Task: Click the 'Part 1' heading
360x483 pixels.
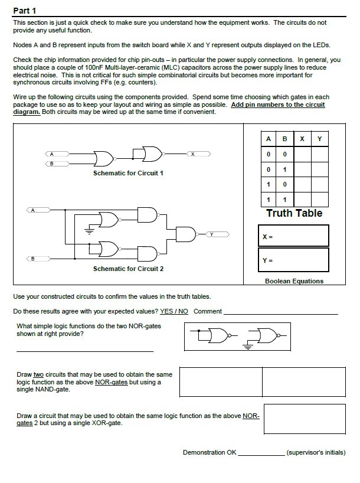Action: (24, 11)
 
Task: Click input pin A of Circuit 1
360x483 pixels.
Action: (52, 154)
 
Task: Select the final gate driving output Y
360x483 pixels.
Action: (186, 234)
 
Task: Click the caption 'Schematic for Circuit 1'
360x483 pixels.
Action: (128, 174)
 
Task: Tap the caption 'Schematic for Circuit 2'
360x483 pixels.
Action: (128, 269)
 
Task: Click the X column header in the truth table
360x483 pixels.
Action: (302, 139)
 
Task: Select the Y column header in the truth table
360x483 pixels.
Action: (319, 139)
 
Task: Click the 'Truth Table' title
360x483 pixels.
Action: (294, 213)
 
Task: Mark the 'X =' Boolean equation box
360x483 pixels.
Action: (293, 236)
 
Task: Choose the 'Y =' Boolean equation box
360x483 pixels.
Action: (293, 260)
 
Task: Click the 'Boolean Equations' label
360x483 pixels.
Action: (294, 281)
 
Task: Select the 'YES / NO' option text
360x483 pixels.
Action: (174, 311)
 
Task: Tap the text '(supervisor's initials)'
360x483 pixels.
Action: (316, 453)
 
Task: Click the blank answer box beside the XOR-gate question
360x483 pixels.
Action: (304, 419)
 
